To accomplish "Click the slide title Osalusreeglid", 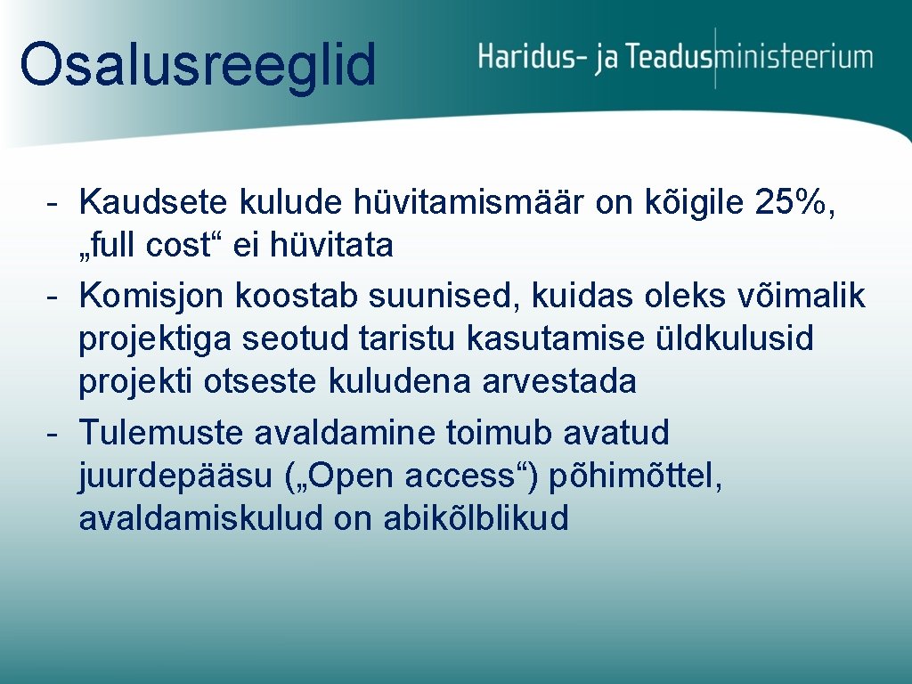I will coord(198,64).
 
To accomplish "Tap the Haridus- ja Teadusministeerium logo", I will coord(675,58).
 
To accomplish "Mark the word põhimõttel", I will coord(635,476).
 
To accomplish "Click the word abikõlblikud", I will coord(476,518).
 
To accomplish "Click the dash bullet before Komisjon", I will coord(53,296).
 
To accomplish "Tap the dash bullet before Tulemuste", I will coord(53,433).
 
